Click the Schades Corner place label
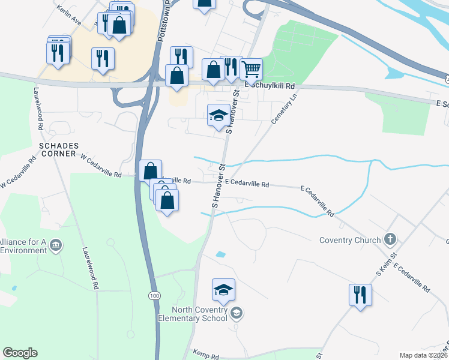click(59, 149)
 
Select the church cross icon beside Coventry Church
click(390, 240)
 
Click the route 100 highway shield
click(155, 296)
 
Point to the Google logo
click(20, 353)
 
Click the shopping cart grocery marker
click(251, 69)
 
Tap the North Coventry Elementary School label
click(199, 314)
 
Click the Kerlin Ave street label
click(69, 15)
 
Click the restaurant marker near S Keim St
click(360, 295)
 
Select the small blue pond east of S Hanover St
click(220, 254)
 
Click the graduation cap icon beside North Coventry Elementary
click(237, 312)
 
